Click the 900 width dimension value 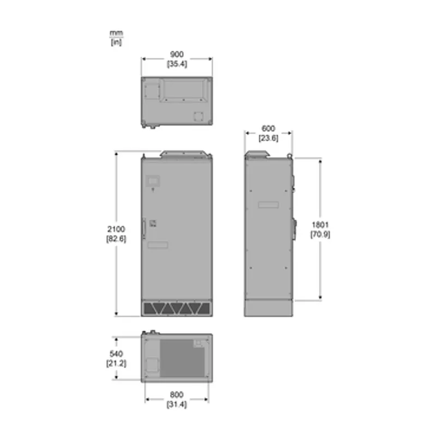point(177,54)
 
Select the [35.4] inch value point(177,64)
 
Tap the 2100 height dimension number point(116,229)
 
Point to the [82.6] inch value point(116,239)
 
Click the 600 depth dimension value point(268,129)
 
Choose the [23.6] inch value point(268,138)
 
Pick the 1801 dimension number point(320,225)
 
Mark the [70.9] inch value point(320,234)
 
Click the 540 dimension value point(116,354)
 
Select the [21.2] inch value point(116,364)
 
